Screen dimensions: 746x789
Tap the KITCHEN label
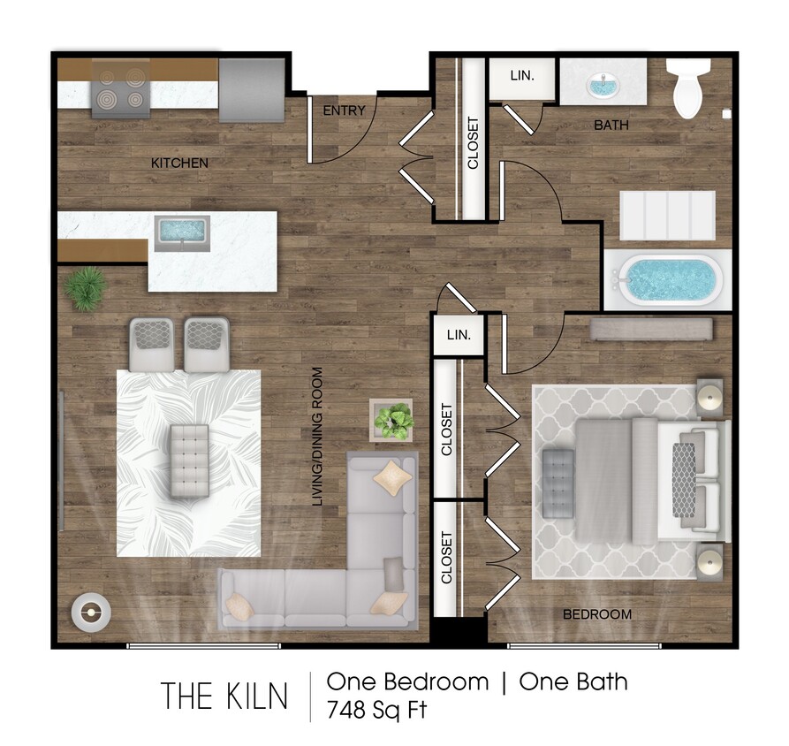point(179,163)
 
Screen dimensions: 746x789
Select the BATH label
point(611,126)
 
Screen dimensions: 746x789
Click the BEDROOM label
point(598,614)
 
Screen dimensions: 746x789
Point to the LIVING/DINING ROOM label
point(315,437)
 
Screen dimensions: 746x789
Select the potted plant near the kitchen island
point(86,288)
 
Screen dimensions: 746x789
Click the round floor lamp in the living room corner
point(90,611)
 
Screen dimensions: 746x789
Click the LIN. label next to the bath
point(522,76)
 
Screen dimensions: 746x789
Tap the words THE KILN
point(224,697)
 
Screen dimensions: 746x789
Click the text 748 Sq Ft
point(377,710)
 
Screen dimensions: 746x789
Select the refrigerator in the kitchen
point(251,88)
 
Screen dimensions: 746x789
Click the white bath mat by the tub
point(668,215)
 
